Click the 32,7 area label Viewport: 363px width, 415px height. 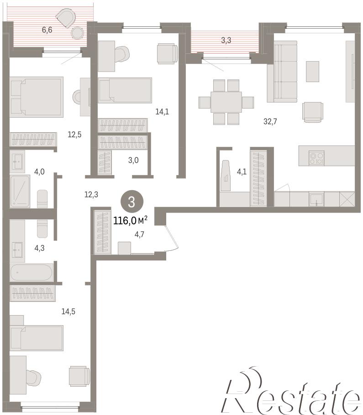(270, 121)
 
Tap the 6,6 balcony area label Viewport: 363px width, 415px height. (47, 30)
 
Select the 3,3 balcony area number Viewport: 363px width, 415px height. (226, 40)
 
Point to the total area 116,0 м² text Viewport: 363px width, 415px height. (131, 220)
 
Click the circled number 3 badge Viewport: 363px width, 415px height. (132, 202)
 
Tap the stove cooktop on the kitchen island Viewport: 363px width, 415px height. (316, 158)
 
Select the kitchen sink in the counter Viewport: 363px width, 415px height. (316, 199)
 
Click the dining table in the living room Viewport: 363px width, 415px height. (226, 102)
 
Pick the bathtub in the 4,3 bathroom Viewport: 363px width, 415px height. (32, 272)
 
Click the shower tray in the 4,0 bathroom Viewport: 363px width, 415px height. (20, 191)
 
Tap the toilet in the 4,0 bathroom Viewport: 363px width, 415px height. (42, 198)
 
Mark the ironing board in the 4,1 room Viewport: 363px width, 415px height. (226, 175)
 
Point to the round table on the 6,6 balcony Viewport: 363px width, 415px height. (78, 33)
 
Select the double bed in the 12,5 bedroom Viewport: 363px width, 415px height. (37, 97)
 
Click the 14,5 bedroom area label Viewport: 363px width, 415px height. (68, 311)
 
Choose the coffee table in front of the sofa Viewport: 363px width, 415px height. (312, 72)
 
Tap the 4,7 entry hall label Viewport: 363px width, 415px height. (139, 234)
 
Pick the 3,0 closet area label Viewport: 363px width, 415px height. (133, 160)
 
